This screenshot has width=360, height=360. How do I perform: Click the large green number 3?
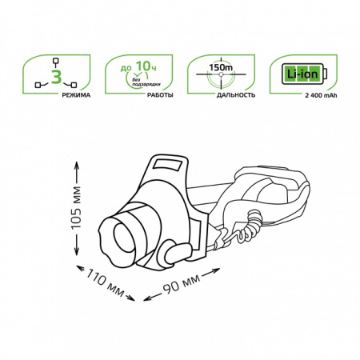[56, 77]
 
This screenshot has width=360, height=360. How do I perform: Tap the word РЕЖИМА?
[76, 95]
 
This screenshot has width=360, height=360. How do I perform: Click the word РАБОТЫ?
[160, 95]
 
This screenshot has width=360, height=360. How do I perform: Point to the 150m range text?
[221, 67]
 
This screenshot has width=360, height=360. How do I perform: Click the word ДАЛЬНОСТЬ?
[236, 95]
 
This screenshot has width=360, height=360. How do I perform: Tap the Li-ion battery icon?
[304, 74]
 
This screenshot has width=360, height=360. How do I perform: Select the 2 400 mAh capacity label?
[321, 95]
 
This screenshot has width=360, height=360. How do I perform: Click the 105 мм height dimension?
[76, 208]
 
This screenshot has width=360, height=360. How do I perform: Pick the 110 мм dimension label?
[105, 283]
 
